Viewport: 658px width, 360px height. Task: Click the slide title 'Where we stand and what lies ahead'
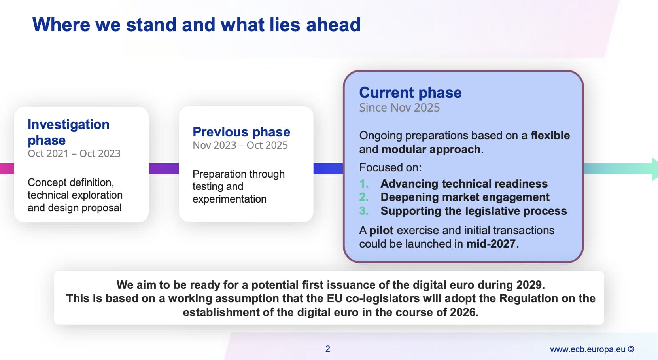pyautogui.click(x=196, y=25)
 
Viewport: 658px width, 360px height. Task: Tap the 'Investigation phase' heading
pyautogui.click(x=68, y=132)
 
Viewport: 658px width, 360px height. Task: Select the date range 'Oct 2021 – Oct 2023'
pyautogui.click(x=74, y=153)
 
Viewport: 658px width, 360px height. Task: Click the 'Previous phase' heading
pyautogui.click(x=241, y=132)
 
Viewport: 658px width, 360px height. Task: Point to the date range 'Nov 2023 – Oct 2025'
pyautogui.click(x=240, y=145)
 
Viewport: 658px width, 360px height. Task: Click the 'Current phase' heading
pyautogui.click(x=410, y=93)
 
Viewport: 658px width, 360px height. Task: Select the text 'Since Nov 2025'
pyautogui.click(x=399, y=108)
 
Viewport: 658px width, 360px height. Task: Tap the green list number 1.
pyautogui.click(x=364, y=184)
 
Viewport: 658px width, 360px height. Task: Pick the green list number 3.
pyautogui.click(x=364, y=211)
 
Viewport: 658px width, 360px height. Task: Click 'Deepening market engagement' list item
pyautogui.click(x=465, y=197)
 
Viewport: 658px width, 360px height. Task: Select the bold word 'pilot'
pyautogui.click(x=381, y=230)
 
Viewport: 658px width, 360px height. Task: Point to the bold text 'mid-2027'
pyautogui.click(x=491, y=244)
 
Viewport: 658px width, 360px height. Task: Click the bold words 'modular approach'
pyautogui.click(x=431, y=149)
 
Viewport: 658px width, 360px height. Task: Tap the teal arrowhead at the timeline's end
pyautogui.click(x=654, y=169)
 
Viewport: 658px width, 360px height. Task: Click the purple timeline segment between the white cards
pyautogui.click(x=164, y=169)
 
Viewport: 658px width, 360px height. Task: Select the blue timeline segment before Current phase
pyautogui.click(x=328, y=169)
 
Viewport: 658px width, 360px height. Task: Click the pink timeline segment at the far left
pyautogui.click(x=7, y=169)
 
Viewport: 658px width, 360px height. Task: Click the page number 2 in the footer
pyautogui.click(x=328, y=349)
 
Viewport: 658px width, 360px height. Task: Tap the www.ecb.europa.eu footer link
pyautogui.click(x=588, y=349)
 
